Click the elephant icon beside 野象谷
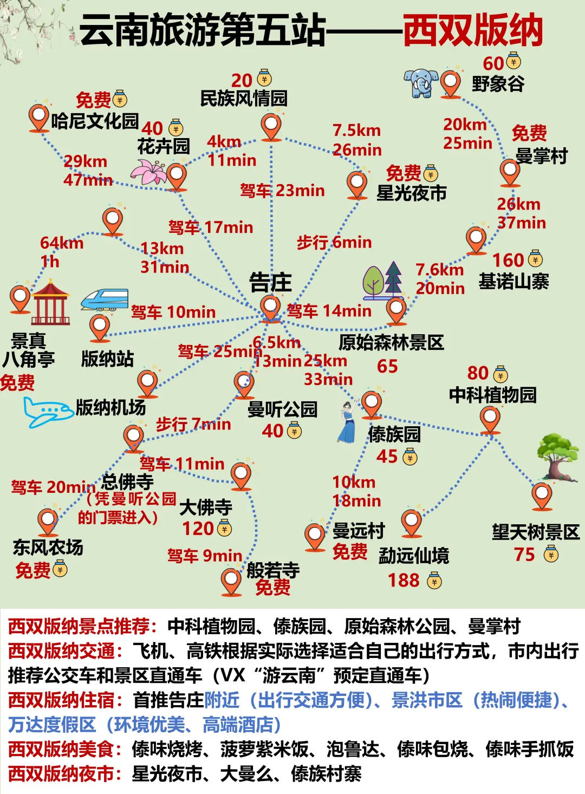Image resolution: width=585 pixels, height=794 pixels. [x=421, y=83]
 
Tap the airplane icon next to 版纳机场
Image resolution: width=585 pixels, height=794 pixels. [x=47, y=412]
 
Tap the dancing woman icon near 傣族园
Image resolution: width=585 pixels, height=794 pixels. [x=348, y=422]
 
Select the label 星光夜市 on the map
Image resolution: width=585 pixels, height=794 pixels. [x=412, y=192]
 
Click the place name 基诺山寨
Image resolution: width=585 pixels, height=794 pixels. [x=513, y=282]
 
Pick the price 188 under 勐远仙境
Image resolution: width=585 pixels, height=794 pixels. [x=404, y=581]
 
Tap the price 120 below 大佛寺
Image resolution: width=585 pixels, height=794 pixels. [x=198, y=529]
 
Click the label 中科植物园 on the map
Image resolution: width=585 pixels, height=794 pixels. [x=492, y=395]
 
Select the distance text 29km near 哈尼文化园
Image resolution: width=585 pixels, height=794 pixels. [x=86, y=161]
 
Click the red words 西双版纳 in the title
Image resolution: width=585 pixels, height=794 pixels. [x=472, y=31]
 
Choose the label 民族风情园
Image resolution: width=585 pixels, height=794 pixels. [x=244, y=99]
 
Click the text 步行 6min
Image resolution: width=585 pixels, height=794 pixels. [x=334, y=243]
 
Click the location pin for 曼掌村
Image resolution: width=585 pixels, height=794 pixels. [x=510, y=171]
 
